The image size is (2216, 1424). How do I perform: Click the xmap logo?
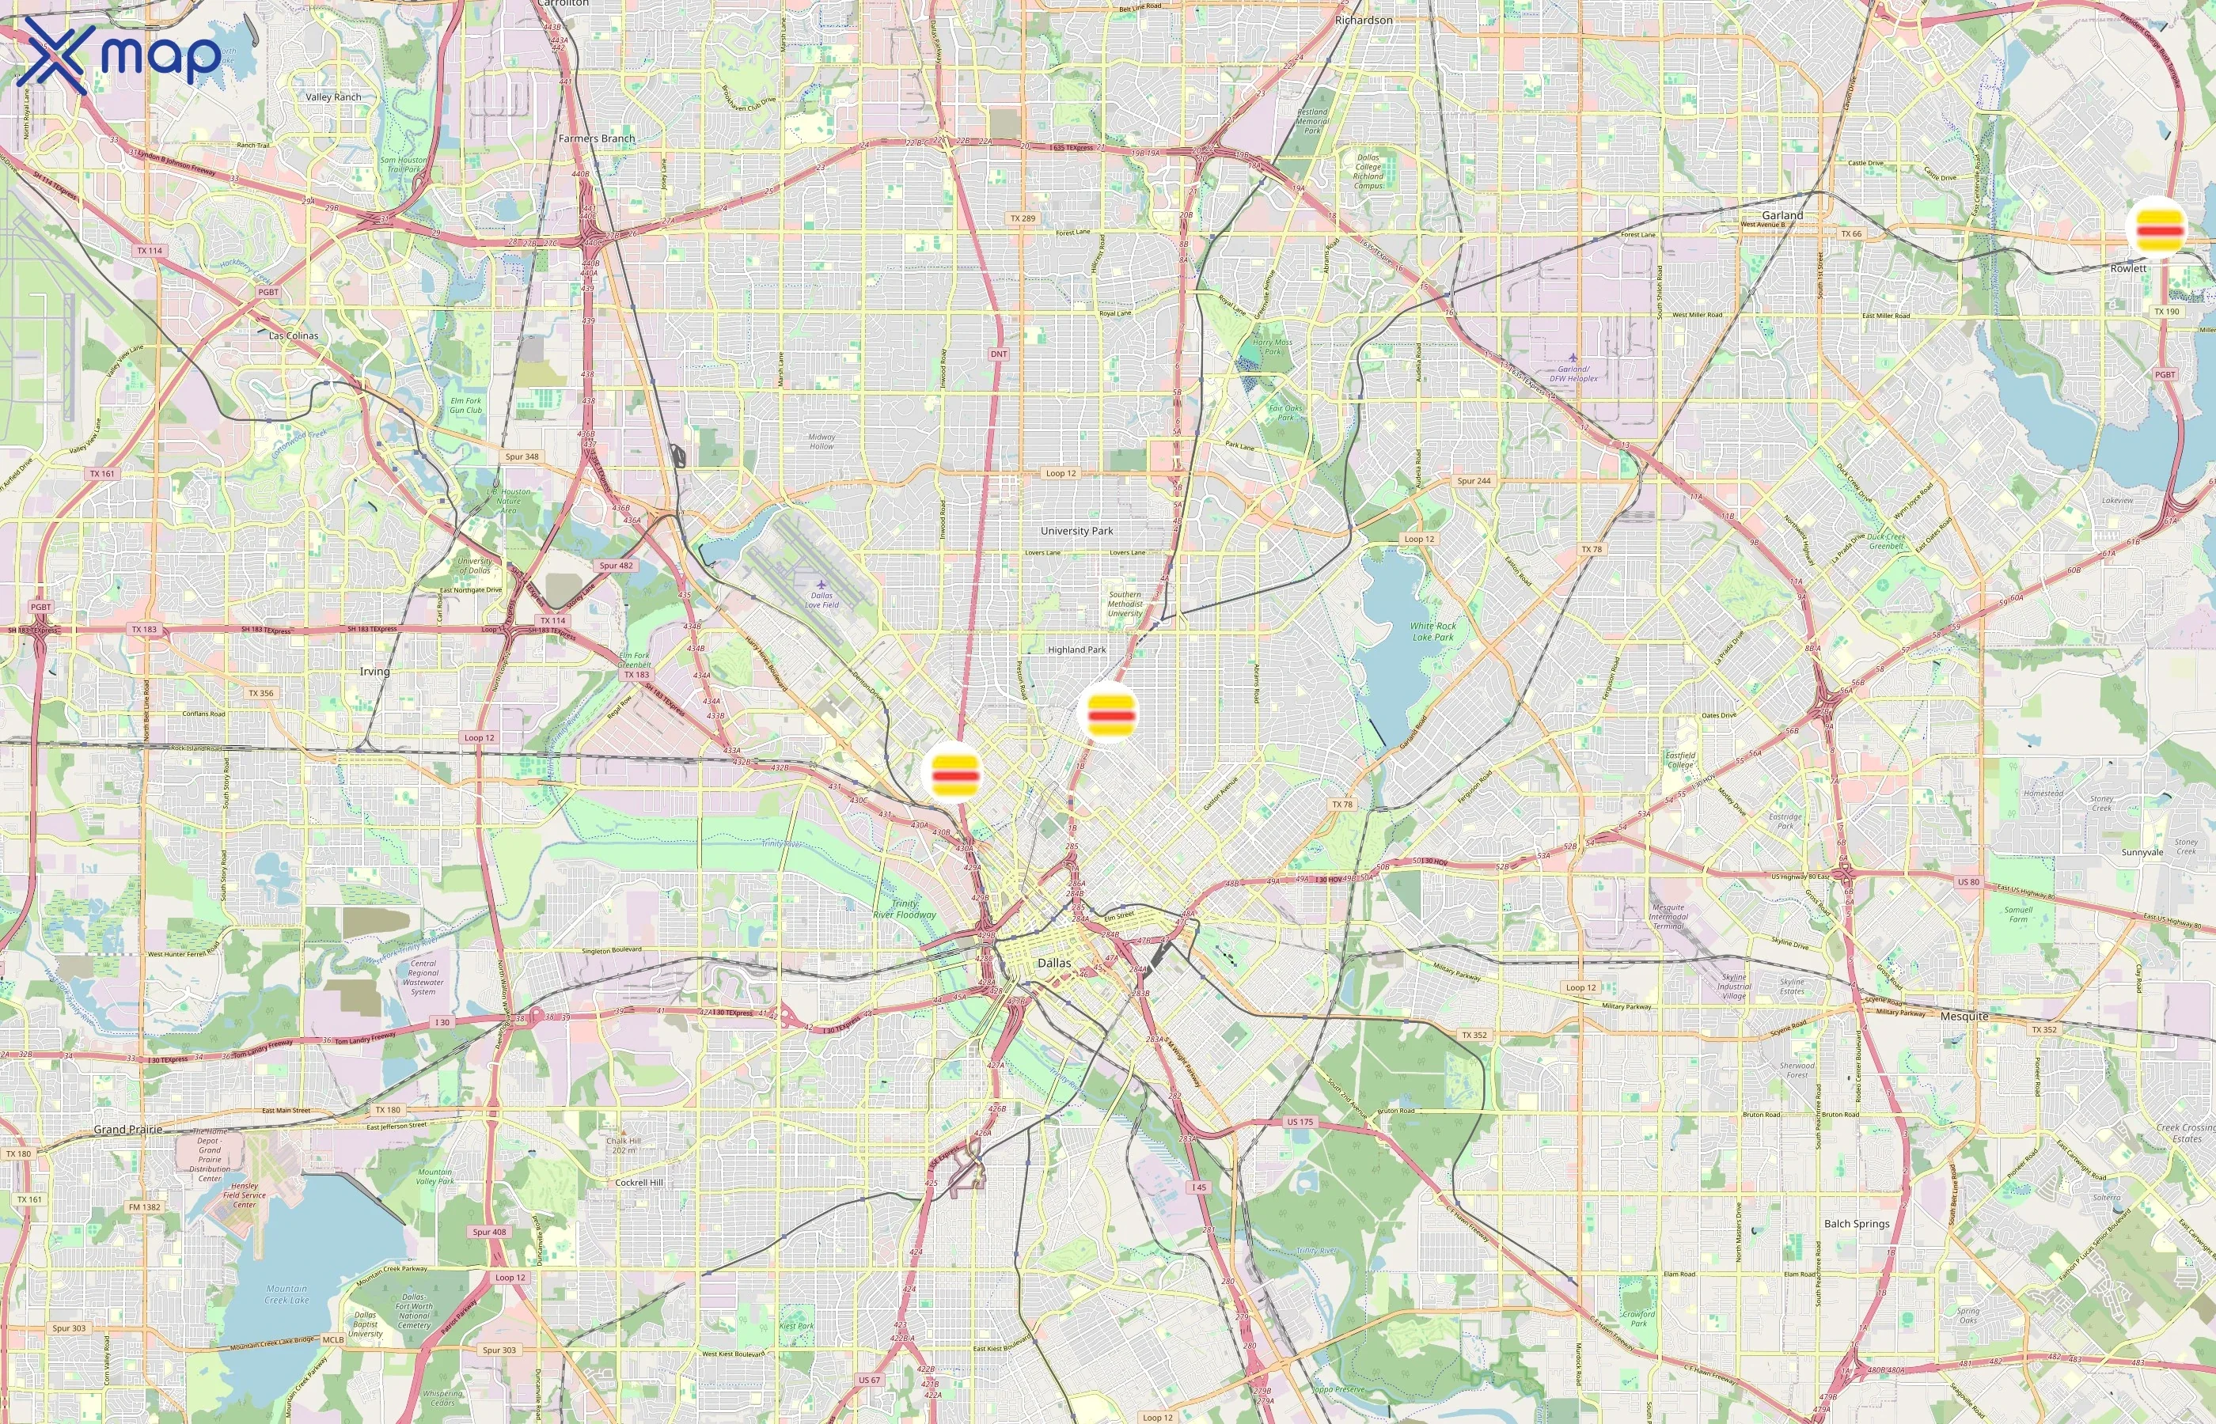[x=119, y=55]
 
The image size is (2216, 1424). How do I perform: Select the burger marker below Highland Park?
[x=1110, y=711]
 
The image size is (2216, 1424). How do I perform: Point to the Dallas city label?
[x=1053, y=963]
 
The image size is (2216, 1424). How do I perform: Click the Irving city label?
[x=374, y=672]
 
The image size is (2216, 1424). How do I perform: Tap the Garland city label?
[x=1782, y=214]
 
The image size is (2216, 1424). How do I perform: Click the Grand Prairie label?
[x=127, y=1129]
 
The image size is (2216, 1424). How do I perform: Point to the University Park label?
[x=1076, y=531]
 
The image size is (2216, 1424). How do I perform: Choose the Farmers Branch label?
[x=597, y=138]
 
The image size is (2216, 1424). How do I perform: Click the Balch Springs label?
[x=1856, y=1223]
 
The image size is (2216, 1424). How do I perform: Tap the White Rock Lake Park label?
[x=1432, y=631]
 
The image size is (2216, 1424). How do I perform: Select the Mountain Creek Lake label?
[x=286, y=1293]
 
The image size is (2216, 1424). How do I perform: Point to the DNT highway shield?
[x=999, y=354]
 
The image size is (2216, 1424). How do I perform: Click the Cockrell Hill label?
[x=639, y=1183]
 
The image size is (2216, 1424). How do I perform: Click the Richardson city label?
[x=1364, y=20]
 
